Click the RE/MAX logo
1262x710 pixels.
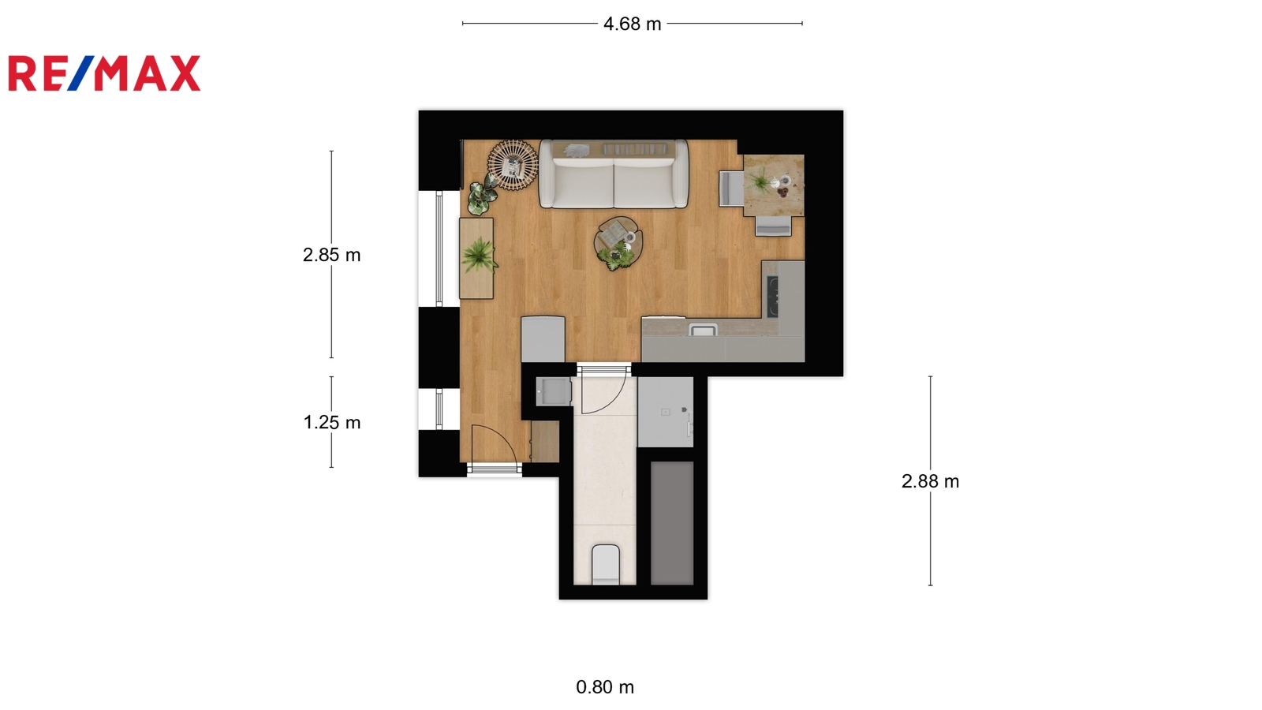point(104,73)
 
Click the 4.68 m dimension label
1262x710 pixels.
point(632,24)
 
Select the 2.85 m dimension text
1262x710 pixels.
point(331,255)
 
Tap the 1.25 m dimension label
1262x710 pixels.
point(332,422)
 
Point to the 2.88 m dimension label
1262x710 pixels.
point(930,481)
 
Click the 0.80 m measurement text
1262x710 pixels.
point(605,687)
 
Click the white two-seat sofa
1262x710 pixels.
point(614,174)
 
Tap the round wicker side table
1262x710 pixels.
point(513,165)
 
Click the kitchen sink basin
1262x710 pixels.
point(703,329)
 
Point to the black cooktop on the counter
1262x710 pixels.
point(772,297)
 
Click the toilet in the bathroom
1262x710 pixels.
point(606,565)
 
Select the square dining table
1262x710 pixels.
point(774,185)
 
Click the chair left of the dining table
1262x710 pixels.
point(731,189)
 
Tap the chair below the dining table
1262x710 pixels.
point(773,226)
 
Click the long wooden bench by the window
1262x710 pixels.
point(476,258)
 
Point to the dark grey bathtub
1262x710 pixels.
point(672,523)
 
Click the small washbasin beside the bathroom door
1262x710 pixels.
point(553,391)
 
